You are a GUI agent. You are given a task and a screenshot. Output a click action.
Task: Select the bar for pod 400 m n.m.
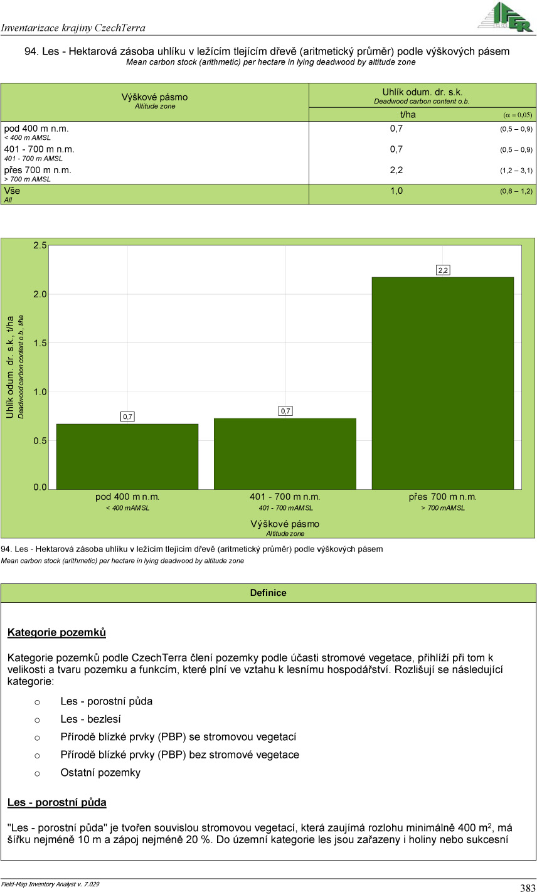point(127,456)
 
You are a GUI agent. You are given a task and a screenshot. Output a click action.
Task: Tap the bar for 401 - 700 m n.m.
point(285,454)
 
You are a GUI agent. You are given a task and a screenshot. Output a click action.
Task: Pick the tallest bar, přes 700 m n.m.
point(443,383)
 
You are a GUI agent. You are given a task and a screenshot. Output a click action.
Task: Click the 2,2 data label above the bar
point(443,270)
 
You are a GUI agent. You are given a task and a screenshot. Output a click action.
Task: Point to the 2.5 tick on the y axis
point(40,245)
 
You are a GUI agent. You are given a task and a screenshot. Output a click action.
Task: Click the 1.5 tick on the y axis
point(40,343)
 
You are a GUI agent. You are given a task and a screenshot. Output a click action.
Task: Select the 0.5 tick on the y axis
point(40,441)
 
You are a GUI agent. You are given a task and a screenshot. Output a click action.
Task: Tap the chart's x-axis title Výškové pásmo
point(285,524)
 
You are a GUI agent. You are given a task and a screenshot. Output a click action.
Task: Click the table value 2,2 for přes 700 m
point(396,170)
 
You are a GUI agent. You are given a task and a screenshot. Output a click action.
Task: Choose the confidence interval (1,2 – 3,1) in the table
point(516,171)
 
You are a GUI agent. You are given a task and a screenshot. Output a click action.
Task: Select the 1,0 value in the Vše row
point(396,191)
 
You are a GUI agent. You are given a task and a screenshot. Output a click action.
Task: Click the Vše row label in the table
point(12,191)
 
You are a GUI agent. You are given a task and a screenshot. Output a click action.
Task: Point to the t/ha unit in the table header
point(408,114)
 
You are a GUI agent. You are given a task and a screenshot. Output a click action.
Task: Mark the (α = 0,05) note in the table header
point(518,115)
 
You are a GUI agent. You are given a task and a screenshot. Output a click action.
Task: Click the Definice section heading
point(268,593)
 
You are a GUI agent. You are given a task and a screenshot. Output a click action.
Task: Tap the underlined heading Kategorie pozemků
point(56,632)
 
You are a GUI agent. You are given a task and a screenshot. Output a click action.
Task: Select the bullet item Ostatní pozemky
point(100,773)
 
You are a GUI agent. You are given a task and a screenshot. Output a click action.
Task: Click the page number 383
point(527,888)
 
